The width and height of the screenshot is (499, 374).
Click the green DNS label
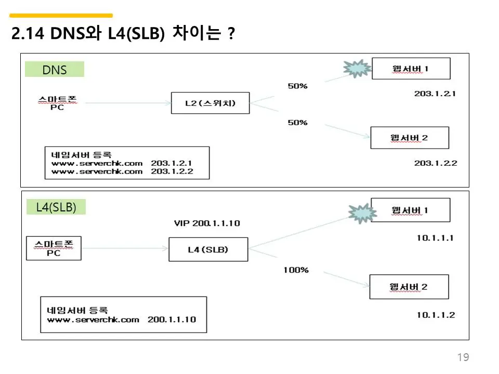pyautogui.click(x=55, y=70)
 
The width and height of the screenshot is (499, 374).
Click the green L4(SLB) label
pyautogui.click(x=56, y=207)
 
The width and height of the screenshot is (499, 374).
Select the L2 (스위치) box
pyautogui.click(x=210, y=103)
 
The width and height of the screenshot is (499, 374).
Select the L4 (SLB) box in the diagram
pyautogui.click(x=208, y=250)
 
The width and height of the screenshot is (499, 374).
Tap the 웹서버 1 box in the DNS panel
pyautogui.click(x=411, y=69)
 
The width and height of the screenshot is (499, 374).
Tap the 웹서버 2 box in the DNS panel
pyautogui.click(x=409, y=138)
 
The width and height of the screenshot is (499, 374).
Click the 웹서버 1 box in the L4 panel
pyautogui.click(x=410, y=210)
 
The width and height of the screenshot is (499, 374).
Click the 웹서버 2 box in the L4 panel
pyautogui.click(x=409, y=287)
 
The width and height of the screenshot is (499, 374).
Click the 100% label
pyautogui.click(x=296, y=270)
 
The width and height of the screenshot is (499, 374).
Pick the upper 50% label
pyautogui.click(x=298, y=86)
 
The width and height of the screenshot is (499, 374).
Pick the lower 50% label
pyautogui.click(x=298, y=123)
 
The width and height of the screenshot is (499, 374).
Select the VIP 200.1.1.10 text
pyautogui.click(x=207, y=223)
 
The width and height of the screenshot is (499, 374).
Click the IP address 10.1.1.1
pyautogui.click(x=436, y=238)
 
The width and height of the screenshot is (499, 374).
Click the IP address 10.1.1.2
pyautogui.click(x=436, y=315)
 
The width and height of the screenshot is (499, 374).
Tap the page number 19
pyautogui.click(x=463, y=357)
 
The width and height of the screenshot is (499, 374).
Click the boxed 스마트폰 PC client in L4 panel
pyautogui.click(x=54, y=248)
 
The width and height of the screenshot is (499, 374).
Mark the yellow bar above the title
pyautogui.click(x=61, y=16)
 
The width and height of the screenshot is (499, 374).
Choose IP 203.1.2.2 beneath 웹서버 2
pyautogui.click(x=436, y=163)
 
